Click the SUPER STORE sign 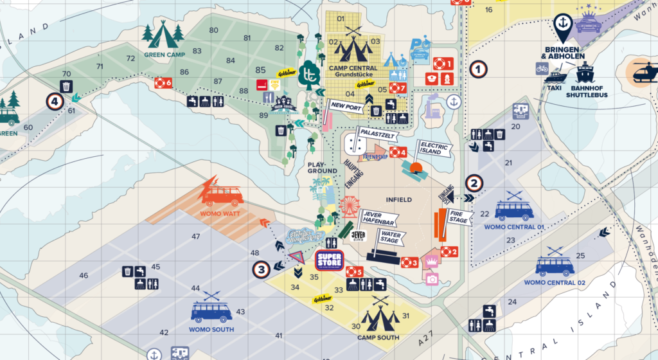point(330,260)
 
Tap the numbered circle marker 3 point(260,270)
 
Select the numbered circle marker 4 point(55,102)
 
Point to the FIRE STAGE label point(458,217)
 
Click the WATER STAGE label point(391,238)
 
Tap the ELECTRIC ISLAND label point(432,148)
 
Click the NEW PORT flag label point(347,105)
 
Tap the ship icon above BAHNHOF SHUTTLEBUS point(585,73)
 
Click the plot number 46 point(84,275)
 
